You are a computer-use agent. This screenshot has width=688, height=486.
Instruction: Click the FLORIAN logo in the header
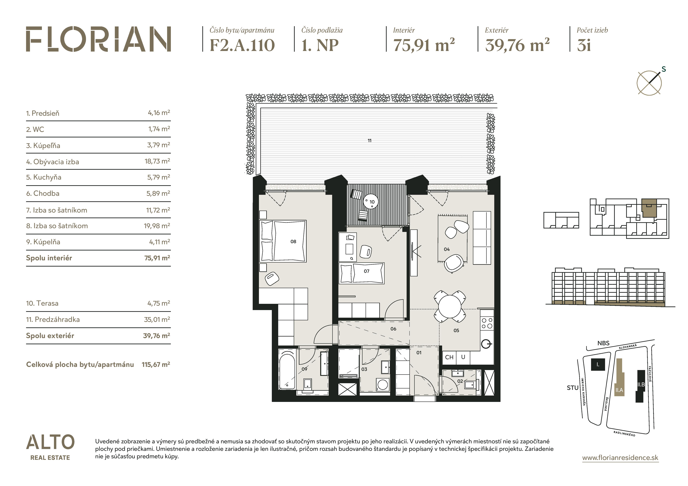(98, 39)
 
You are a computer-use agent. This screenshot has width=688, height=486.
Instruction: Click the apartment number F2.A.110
(242, 45)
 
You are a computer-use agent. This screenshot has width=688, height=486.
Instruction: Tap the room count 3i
(584, 45)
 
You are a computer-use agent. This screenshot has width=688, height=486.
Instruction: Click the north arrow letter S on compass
(664, 69)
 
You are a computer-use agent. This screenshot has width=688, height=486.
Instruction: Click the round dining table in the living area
(450, 307)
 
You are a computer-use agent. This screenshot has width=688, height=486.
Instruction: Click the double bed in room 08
(283, 241)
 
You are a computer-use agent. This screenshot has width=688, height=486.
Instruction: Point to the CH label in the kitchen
(449, 357)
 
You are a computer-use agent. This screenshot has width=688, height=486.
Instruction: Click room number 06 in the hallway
(393, 329)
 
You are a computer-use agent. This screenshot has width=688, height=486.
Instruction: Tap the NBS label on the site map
(603, 343)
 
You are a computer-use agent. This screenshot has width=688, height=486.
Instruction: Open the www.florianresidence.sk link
(620, 458)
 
